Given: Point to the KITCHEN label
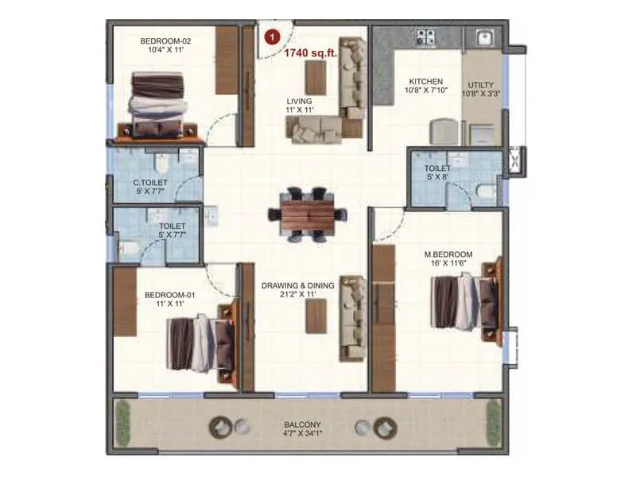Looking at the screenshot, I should pyautogui.click(x=425, y=81).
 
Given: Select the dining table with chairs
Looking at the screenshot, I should pyautogui.click(x=308, y=213).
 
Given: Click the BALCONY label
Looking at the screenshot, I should pyautogui.click(x=302, y=425).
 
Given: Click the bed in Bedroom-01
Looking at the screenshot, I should pyautogui.click(x=201, y=342).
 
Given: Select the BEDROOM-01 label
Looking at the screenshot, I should pyautogui.click(x=169, y=295).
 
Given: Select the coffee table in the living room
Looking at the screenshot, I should pyautogui.click(x=316, y=77).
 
